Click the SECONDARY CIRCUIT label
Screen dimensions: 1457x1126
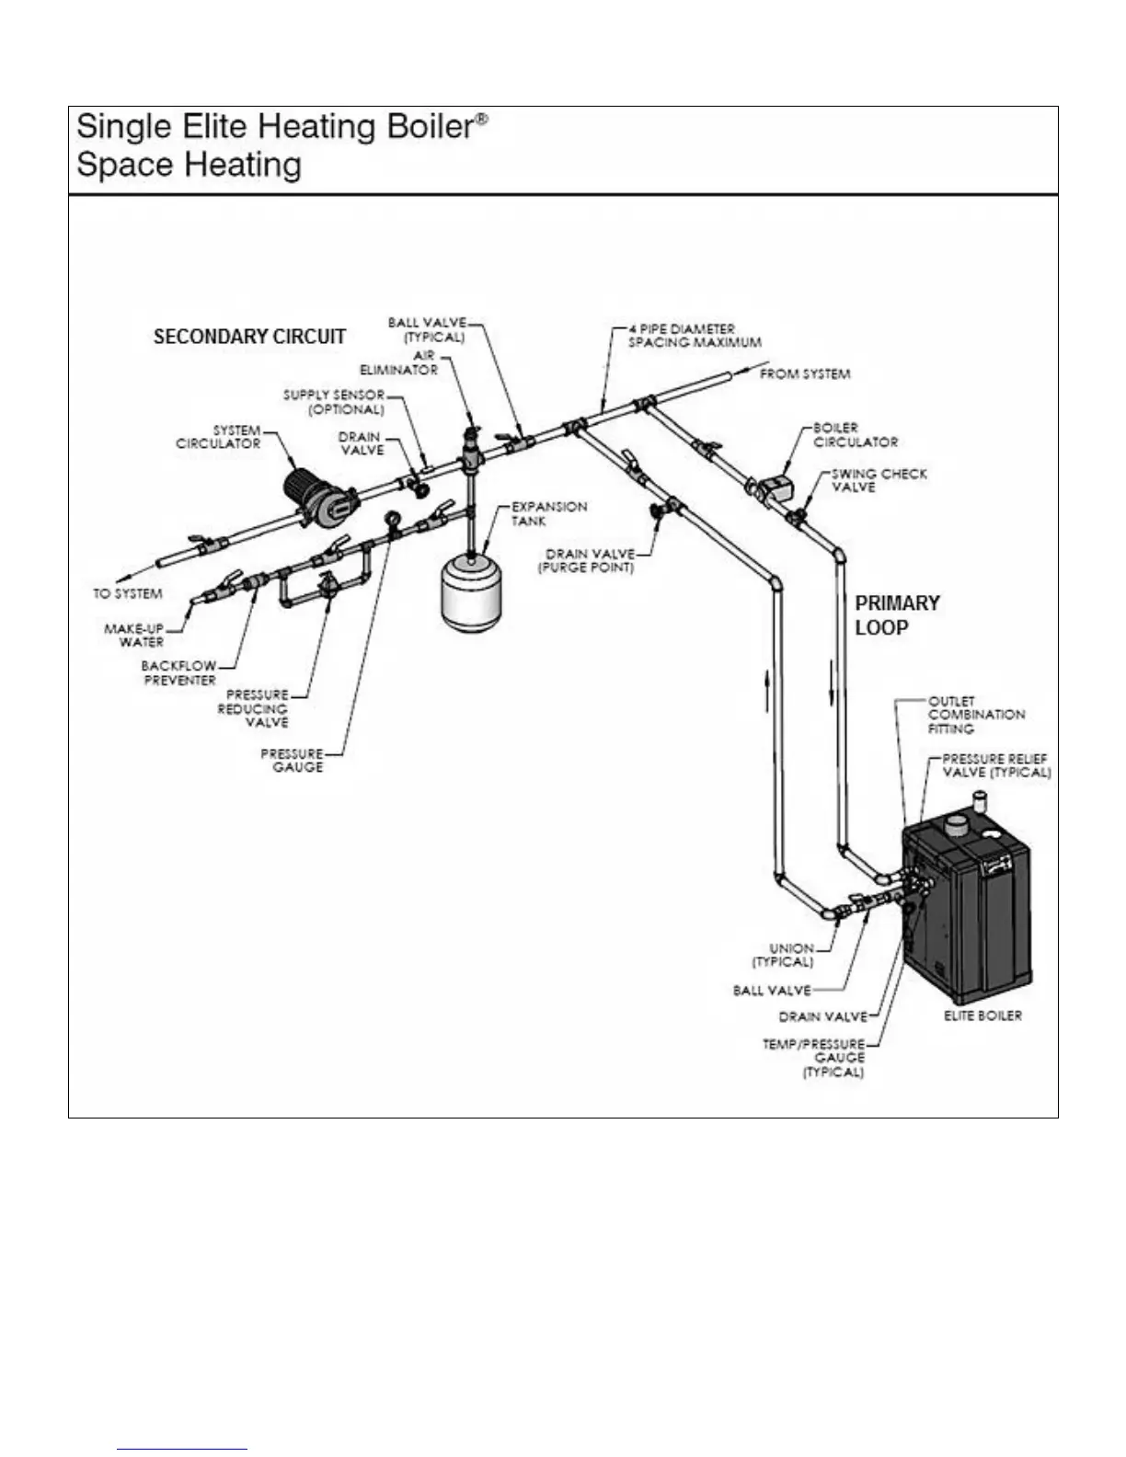pos(249,337)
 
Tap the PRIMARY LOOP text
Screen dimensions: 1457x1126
pos(897,615)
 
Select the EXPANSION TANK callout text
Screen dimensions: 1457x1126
pos(548,513)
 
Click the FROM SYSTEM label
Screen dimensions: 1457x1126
pos(804,374)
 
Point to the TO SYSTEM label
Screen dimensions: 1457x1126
pos(127,593)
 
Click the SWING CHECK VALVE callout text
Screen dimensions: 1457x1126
pos(879,480)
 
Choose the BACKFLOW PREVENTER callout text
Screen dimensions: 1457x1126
pos(178,672)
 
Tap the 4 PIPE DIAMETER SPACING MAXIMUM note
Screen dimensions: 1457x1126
pos(694,335)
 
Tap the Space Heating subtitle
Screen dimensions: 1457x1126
pos(189,166)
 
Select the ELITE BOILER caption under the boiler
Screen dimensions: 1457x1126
pos(982,1015)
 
